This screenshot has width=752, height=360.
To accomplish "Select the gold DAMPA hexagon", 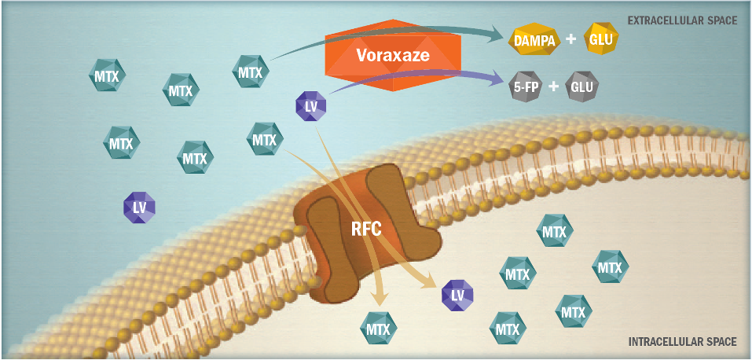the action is coord(534,40).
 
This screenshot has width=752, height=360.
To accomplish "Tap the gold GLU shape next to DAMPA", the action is coord(601,39).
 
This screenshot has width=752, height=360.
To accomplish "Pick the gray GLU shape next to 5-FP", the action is coord(582,87).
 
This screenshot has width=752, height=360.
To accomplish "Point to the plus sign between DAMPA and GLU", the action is coord(571,40).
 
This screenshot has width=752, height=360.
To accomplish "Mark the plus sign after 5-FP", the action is coord(554,87).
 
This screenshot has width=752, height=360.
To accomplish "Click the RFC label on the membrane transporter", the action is coord(365,229).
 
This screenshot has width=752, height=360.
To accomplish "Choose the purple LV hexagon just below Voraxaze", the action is coord(310,105).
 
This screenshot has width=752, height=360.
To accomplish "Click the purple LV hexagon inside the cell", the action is coord(457,294).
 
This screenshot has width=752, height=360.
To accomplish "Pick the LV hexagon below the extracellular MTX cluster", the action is coord(140,207).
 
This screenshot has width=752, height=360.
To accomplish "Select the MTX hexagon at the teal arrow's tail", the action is coord(251,72).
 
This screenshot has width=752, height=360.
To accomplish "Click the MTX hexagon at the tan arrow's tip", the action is coord(379,329).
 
